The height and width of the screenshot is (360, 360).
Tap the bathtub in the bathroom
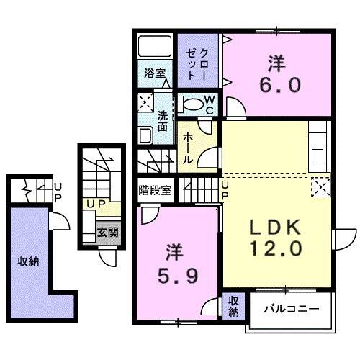154,49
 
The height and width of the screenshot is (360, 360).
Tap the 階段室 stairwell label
156,191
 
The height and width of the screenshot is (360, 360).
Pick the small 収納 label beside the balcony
234,306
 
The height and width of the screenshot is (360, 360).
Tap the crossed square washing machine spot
144,102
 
